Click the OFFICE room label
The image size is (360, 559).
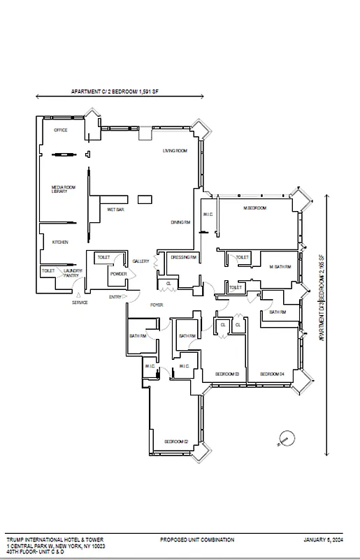60,131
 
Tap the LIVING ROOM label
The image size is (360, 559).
174,151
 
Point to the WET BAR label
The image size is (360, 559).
115,209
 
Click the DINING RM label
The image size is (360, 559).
180,222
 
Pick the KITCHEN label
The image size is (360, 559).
60,242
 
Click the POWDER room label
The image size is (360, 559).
118,274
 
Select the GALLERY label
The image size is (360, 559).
141,261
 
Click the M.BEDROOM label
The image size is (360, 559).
254,209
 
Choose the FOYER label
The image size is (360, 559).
157,306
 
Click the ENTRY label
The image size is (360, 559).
115,297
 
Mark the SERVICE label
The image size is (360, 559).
80,303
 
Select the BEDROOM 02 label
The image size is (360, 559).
174,442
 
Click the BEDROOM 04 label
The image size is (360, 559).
271,375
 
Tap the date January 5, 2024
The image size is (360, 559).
324,540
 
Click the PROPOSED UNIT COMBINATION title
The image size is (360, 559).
196,540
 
